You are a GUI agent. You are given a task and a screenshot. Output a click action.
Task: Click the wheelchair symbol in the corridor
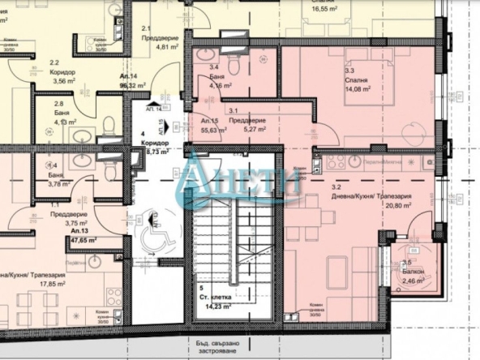(151, 236)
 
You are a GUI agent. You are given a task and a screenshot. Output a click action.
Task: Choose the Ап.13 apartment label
(58, 230)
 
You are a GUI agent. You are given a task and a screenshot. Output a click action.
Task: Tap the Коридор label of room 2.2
(62, 71)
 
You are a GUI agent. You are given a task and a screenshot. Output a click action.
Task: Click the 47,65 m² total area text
(57, 241)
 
